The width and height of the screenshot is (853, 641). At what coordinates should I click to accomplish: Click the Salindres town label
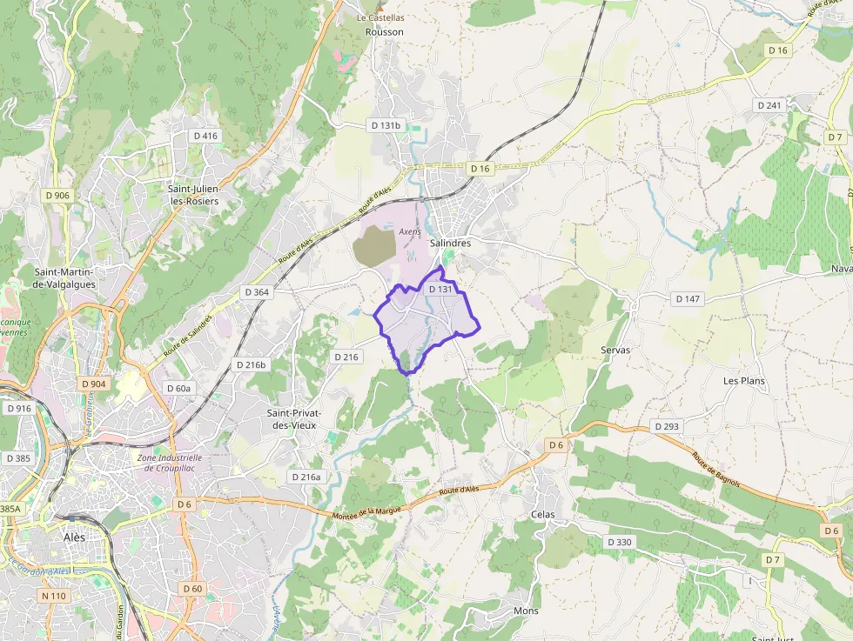click(x=450, y=244)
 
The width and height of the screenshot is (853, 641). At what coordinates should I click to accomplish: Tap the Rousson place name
click(x=385, y=32)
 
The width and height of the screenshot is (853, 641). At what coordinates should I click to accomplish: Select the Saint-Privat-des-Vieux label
click(x=293, y=418)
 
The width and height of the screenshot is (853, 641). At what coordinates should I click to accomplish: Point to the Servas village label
click(x=615, y=350)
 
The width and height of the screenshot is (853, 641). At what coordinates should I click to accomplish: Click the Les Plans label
click(x=742, y=381)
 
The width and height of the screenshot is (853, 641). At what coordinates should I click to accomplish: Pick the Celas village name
click(x=542, y=515)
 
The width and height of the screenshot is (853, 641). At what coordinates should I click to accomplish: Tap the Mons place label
click(x=526, y=611)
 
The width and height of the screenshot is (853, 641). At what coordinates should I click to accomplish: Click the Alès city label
click(x=75, y=538)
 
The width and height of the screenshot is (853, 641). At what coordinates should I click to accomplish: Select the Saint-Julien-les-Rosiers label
click(x=193, y=195)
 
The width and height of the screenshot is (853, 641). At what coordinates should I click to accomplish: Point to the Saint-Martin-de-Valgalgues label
click(x=64, y=277)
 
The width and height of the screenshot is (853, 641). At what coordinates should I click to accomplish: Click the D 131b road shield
click(x=386, y=125)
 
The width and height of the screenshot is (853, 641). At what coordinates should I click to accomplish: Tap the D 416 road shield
click(x=205, y=136)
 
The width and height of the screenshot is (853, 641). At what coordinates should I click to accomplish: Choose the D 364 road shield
click(x=256, y=292)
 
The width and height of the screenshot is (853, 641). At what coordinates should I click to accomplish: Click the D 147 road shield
click(x=688, y=299)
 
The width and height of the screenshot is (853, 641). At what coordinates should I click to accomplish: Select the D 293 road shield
click(x=665, y=427)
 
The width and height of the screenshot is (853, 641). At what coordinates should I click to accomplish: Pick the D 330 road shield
click(x=619, y=542)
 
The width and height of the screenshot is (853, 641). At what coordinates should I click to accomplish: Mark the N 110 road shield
click(x=54, y=596)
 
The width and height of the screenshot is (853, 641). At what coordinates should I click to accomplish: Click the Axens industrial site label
click(x=409, y=232)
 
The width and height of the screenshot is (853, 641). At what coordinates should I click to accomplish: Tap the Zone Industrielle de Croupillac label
click(x=170, y=463)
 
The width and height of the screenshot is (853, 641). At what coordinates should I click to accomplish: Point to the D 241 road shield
click(x=769, y=105)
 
